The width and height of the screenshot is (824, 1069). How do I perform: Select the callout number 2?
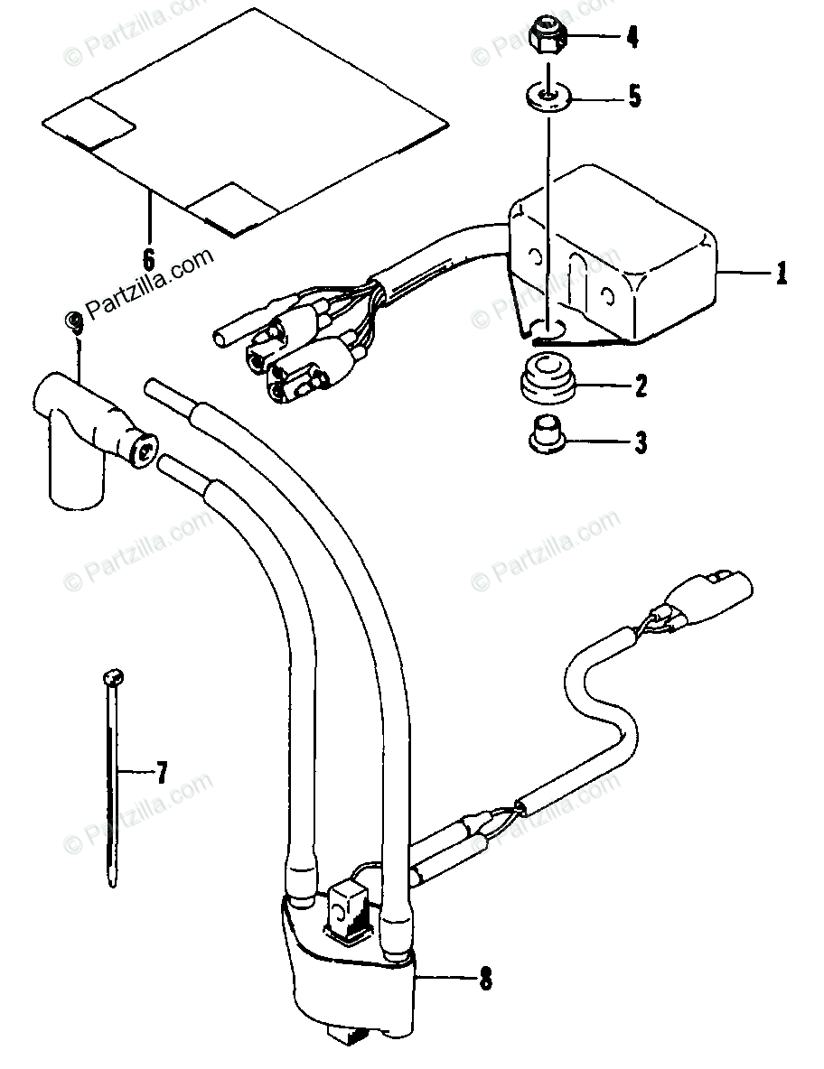click(x=641, y=387)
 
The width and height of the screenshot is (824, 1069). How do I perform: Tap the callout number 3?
click(x=641, y=442)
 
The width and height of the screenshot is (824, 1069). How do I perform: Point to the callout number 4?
click(x=632, y=37)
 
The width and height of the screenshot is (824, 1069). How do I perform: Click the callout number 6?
click(x=148, y=257)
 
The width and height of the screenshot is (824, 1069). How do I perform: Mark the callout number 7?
click(x=162, y=772)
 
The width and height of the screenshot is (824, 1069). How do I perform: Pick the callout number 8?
click(x=486, y=978)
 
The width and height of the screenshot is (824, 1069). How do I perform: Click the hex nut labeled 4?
click(x=548, y=35)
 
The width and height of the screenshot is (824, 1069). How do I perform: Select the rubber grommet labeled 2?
click(x=548, y=384)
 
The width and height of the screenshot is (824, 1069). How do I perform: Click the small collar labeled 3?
click(x=546, y=436)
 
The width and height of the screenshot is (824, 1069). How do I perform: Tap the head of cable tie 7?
click(x=113, y=675)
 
